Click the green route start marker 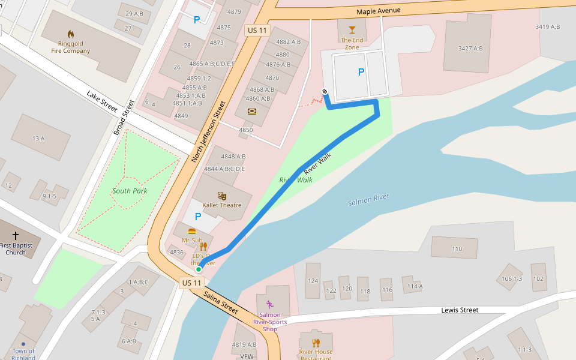pos(199,269)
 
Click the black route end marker pos(325,91)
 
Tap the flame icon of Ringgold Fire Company pos(71,34)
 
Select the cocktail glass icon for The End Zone pos(352,29)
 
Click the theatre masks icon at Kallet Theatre pos(221,196)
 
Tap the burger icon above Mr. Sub pos(192,231)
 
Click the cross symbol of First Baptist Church pos(16,236)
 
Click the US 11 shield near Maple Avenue pos(256,29)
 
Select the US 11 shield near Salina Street pos(191,283)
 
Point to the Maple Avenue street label pos(378,11)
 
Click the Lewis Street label pos(460,310)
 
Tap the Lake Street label pos(101,102)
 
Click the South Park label pos(130,191)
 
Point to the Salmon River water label pos(368,200)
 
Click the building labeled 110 pos(457,248)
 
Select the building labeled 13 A pos(38,139)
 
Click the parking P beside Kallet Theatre pos(197,217)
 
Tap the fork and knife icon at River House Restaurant pos(316,343)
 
